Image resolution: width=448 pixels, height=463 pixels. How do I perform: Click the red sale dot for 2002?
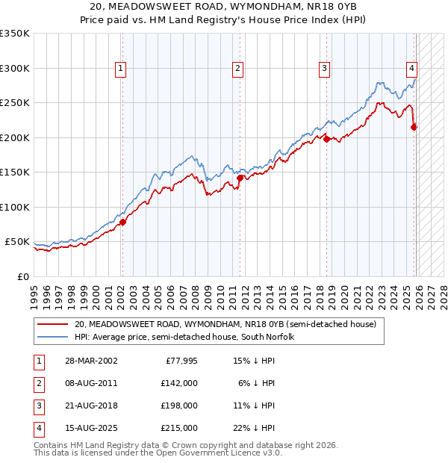coord(122,222)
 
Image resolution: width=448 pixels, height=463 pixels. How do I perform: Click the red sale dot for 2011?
coord(240,178)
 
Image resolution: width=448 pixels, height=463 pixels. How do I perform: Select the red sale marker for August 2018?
coord(326,138)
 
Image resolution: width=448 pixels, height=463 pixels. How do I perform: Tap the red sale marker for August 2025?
coord(414,127)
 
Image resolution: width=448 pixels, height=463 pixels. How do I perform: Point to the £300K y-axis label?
coord(15,68)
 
